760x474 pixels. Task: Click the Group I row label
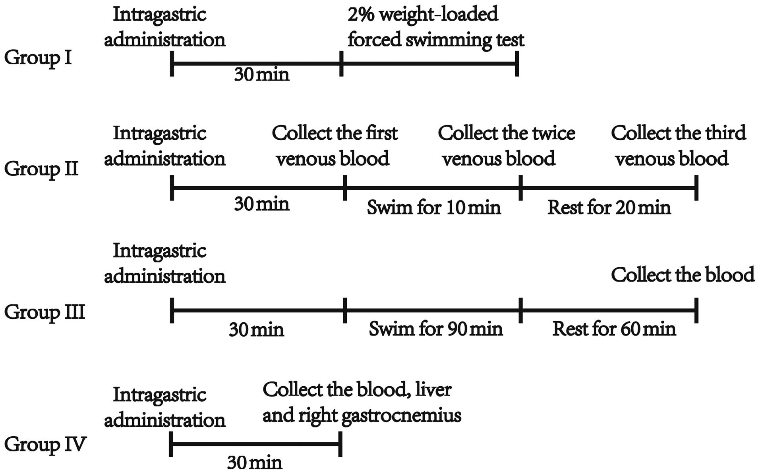(x=38, y=58)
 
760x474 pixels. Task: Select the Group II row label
(x=41, y=169)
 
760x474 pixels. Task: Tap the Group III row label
(x=44, y=312)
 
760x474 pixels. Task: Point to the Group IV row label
(x=45, y=444)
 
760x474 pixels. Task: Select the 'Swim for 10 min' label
(x=433, y=208)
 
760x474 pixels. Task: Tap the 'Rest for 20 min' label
(x=609, y=208)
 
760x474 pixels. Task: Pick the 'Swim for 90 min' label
(x=435, y=329)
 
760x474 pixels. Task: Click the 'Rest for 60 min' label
(x=614, y=329)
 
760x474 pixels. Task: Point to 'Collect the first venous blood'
(x=334, y=146)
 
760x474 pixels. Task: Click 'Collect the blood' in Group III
(x=682, y=275)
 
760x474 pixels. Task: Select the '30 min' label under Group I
(x=261, y=74)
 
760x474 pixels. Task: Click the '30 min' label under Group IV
(x=255, y=462)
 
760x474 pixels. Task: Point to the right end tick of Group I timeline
(x=517, y=63)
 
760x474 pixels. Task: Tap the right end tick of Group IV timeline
(x=340, y=445)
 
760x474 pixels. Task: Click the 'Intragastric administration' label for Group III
(x=164, y=264)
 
